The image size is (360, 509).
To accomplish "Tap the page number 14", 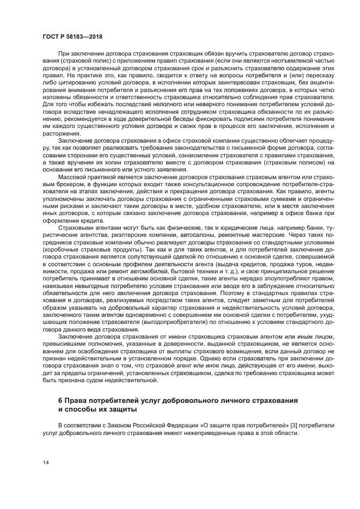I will [x=47, y=462].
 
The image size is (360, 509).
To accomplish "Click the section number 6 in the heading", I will [x=60, y=400].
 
